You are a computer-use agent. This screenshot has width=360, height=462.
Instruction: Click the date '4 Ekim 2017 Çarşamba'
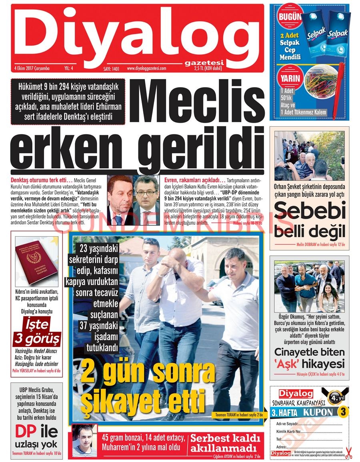(x=32, y=68)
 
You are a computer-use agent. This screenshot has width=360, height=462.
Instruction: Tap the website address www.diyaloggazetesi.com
(x=146, y=68)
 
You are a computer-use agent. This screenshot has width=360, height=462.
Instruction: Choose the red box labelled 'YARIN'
(x=290, y=78)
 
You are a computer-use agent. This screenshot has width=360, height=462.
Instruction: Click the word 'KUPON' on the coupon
(x=318, y=412)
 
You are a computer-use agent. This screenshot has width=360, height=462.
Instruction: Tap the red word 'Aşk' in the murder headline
(x=287, y=364)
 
